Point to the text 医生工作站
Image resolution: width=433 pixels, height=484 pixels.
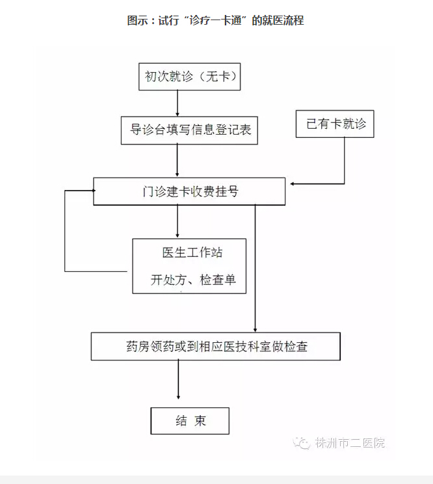point(192,252)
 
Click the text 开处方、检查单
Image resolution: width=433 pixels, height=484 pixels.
point(193,280)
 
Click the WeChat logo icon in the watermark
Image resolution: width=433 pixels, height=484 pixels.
point(301,443)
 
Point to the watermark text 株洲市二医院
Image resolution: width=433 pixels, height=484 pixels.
point(350,443)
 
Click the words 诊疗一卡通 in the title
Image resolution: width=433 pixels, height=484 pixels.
point(215,20)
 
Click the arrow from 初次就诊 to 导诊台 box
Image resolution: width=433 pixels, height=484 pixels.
point(177,103)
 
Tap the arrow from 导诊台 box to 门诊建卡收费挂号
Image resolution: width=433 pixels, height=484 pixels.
point(177,161)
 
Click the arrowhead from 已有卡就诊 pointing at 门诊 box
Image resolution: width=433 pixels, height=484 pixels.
point(293,184)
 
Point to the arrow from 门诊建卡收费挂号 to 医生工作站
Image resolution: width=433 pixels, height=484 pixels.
point(177,221)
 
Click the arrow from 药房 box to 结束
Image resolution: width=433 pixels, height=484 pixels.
point(178,379)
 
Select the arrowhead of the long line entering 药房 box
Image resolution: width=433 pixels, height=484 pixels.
point(255,330)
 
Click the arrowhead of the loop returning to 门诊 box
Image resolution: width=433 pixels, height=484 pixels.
point(94,191)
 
